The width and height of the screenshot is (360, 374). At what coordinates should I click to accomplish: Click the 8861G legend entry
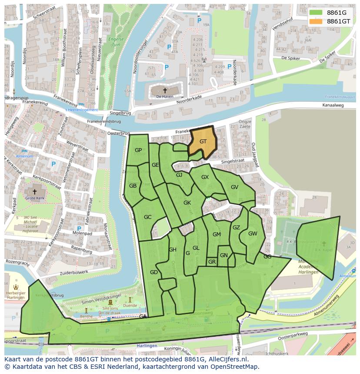[x=337, y=13]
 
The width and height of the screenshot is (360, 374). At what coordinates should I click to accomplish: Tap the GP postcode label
[x=138, y=150]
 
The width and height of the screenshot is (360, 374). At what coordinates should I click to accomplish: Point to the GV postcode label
[x=234, y=187]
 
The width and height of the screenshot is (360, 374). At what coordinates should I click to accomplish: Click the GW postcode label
[x=253, y=233]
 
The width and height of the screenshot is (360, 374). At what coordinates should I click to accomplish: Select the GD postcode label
[x=153, y=272]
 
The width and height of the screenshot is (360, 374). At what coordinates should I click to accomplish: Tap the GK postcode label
[x=187, y=203]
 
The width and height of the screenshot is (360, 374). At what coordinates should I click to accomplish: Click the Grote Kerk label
[x=35, y=199]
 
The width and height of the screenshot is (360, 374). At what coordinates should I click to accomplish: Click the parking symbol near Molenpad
[x=79, y=228]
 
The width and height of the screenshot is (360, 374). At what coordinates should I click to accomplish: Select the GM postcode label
[x=217, y=235]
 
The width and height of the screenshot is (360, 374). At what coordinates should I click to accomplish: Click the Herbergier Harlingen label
[x=16, y=294]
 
